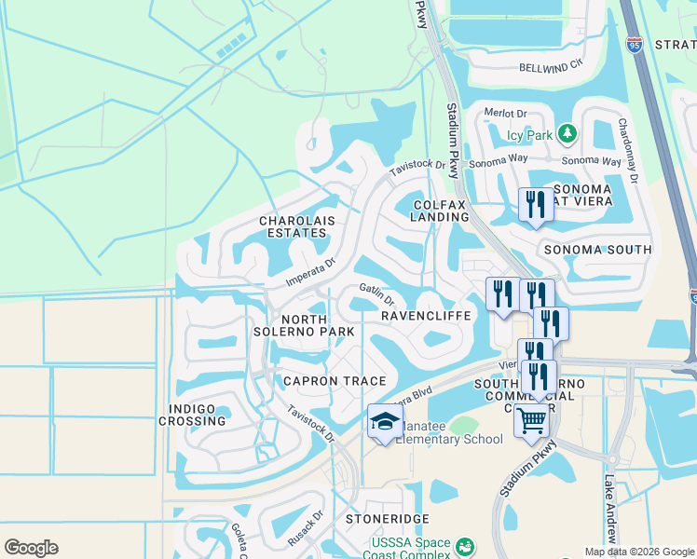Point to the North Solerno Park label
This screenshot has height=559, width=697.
click(305, 324)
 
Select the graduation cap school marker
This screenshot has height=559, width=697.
click(385, 422)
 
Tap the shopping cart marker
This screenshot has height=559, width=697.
click(531, 421)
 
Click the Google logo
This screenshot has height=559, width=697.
click(31, 548)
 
